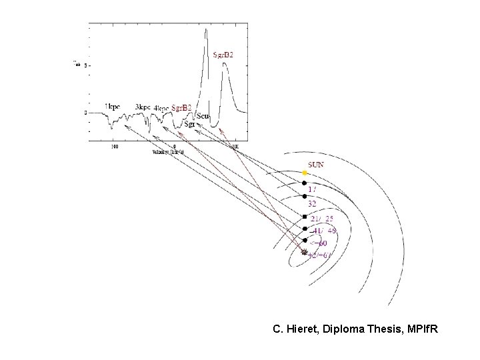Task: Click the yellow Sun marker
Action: coord(304,173)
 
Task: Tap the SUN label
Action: coord(316,164)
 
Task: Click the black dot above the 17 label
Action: coord(304,183)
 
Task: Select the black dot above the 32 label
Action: coord(304,195)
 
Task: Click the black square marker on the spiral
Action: coord(304,217)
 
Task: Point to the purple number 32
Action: coord(312,203)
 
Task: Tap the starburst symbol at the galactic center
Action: coord(304,253)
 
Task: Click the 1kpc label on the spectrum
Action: coord(113,107)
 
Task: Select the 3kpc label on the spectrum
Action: coord(142,107)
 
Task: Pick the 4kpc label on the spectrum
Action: coord(161,108)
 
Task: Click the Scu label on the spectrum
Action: coord(203,117)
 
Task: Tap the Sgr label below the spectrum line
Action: coord(189,123)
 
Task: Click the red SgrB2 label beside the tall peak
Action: coord(223,55)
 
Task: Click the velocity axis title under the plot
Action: coord(168,152)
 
